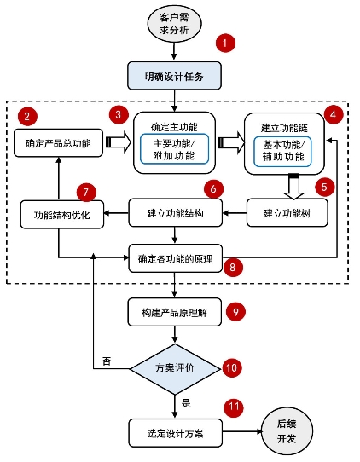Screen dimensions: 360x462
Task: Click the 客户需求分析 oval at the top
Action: point(174,23)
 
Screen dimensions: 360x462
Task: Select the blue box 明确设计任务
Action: point(174,76)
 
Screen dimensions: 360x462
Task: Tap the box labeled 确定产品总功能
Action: point(58,143)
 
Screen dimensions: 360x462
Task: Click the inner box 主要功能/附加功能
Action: point(174,149)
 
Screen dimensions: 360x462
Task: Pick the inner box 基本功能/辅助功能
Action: point(282,152)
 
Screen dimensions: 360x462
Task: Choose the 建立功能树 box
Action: point(287,213)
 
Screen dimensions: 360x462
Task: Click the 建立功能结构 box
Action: point(175,213)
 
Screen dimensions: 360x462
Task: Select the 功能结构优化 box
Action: point(62,215)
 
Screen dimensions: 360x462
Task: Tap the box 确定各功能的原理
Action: point(175,258)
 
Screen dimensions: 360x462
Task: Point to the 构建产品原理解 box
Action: point(174,312)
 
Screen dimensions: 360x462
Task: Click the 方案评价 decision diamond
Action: point(175,368)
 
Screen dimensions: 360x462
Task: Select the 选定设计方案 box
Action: point(175,433)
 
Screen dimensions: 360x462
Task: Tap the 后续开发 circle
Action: point(287,431)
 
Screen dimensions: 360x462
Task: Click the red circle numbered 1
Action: point(225,43)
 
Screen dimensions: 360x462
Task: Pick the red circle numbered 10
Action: point(232,367)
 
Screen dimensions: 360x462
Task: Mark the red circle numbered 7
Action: point(86,193)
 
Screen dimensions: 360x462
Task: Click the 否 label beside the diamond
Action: point(107,361)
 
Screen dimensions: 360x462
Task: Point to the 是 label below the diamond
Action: point(186,403)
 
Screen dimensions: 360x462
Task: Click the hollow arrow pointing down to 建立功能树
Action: point(293,186)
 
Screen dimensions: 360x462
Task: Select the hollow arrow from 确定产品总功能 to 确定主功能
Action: point(119,142)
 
